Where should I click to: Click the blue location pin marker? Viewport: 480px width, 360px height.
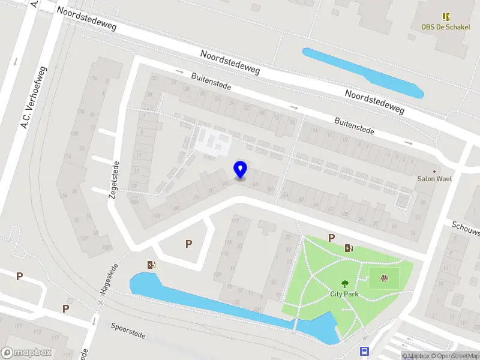point(240,170)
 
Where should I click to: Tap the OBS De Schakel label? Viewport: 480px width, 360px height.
point(445,27)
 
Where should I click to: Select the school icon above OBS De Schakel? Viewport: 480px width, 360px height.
point(446,17)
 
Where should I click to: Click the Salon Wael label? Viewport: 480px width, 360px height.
point(434,178)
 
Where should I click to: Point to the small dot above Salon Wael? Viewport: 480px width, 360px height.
point(434,170)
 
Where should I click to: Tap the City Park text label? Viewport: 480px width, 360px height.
point(345,294)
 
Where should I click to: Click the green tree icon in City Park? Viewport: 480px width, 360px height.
point(345,284)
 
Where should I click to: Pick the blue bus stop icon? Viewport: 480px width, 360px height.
point(364,351)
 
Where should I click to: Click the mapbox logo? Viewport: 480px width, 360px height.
point(26,353)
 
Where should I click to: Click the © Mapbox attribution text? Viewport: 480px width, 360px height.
point(416,356)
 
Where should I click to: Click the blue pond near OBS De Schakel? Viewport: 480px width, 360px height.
point(362,72)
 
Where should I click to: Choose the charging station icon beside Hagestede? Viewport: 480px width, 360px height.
point(151,265)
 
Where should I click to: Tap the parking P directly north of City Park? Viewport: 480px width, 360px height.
point(331,238)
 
